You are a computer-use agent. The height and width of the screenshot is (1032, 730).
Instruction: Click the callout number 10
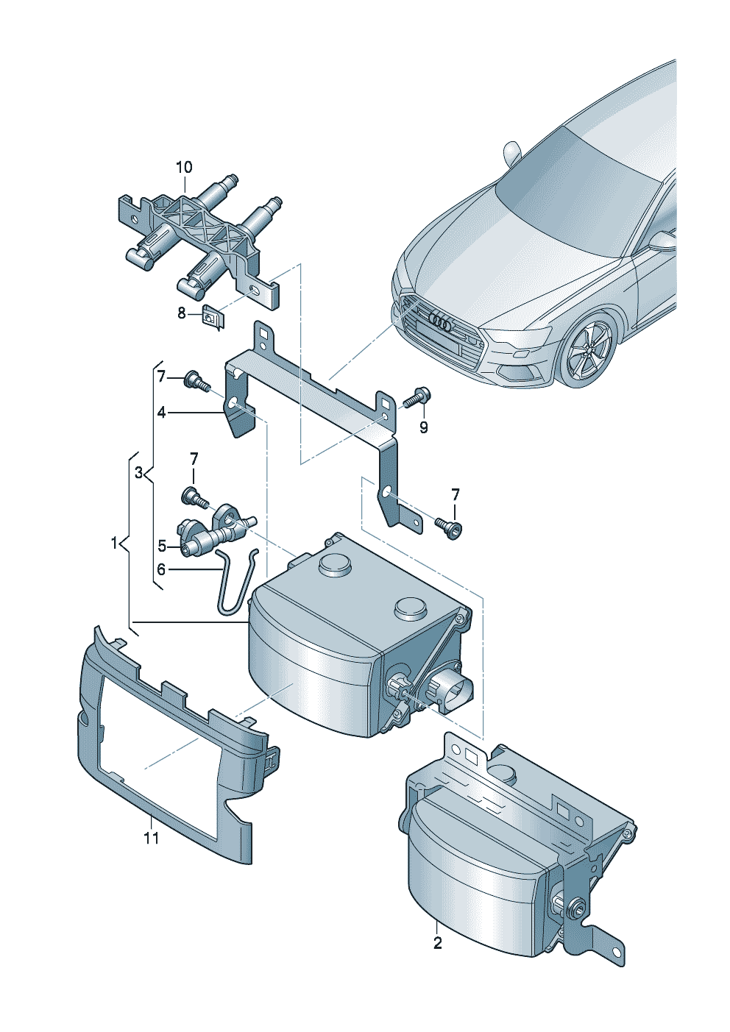183,168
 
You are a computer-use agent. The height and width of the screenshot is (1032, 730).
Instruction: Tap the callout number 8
182,313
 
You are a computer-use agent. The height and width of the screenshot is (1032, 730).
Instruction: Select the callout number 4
161,413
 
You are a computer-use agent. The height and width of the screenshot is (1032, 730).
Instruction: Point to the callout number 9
423,427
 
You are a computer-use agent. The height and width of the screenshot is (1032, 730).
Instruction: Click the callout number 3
138,473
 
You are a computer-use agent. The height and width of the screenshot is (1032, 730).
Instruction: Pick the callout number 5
162,546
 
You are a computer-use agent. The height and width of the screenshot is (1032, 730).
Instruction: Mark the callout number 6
161,569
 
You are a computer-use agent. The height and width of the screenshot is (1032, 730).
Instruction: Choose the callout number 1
115,544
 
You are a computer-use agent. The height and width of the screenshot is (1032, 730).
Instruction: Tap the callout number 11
151,838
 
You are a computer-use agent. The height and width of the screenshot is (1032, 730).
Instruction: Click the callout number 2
438,942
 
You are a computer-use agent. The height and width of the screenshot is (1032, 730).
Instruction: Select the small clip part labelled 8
213,317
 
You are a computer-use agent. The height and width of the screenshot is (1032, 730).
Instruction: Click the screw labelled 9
418,396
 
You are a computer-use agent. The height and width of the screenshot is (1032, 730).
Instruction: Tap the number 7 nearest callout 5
194,459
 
